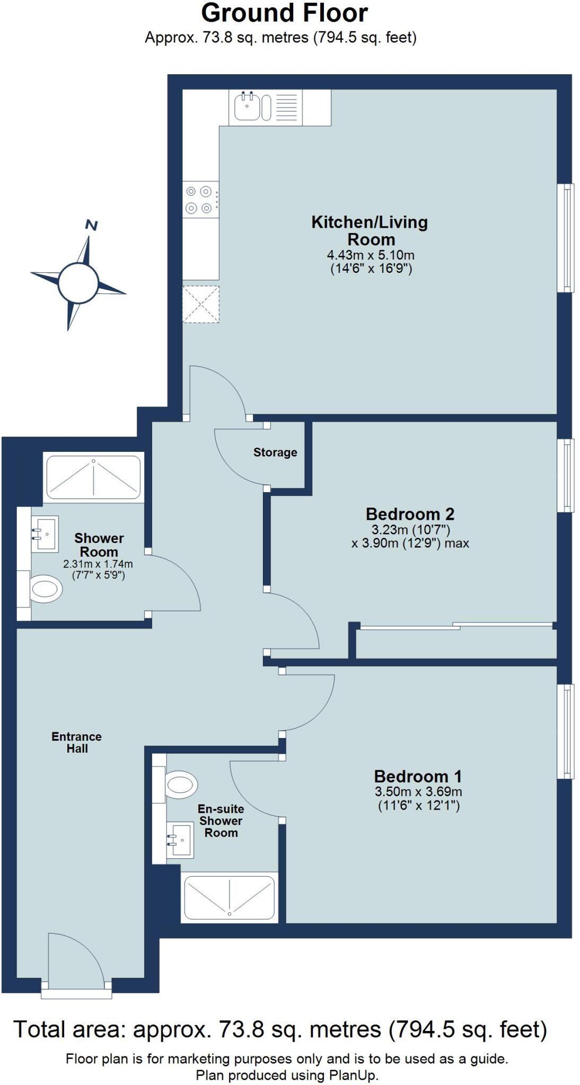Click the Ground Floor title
[284, 13]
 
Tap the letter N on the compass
[92, 226]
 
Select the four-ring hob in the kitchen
[199, 200]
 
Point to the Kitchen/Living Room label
[370, 230]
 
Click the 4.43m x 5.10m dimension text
[370, 255]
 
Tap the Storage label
[275, 452]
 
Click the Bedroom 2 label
[410, 514]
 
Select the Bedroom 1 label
[418, 777]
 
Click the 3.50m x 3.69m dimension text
[418, 792]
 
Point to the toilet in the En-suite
[181, 784]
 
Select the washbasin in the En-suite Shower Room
[180, 840]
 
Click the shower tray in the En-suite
[229, 898]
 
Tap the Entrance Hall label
[77, 742]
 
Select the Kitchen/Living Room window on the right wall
[567, 237]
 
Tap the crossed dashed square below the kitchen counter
[200, 304]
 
